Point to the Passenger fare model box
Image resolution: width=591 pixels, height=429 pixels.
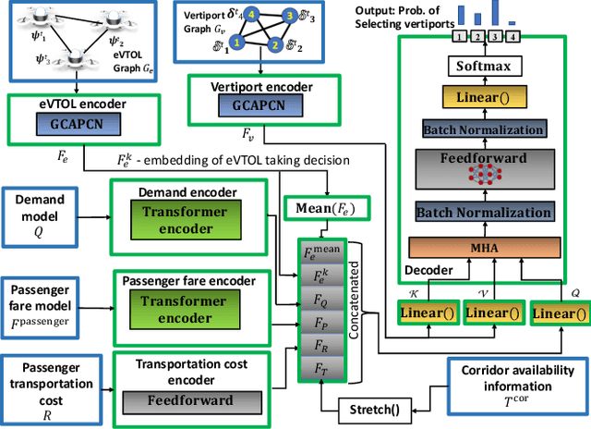[x=42, y=304]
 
